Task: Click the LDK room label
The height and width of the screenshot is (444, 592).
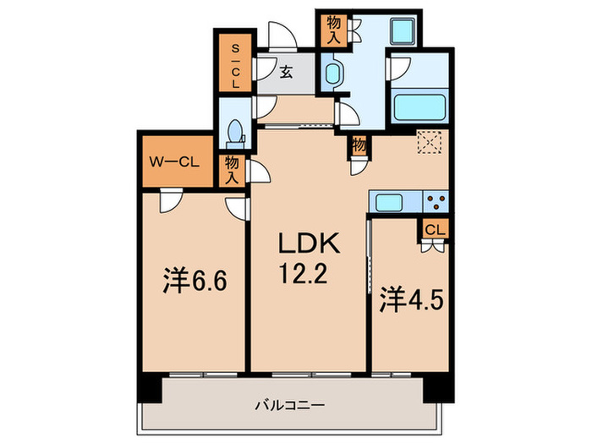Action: pos(310,244)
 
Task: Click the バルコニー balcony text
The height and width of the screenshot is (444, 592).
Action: pos(290,405)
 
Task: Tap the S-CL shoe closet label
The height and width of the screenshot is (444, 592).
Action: pos(235,67)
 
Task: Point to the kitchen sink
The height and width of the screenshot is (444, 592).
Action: pos(390,203)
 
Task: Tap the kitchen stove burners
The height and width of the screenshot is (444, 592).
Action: pos(436,203)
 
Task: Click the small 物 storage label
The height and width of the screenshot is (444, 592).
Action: pos(359,145)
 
